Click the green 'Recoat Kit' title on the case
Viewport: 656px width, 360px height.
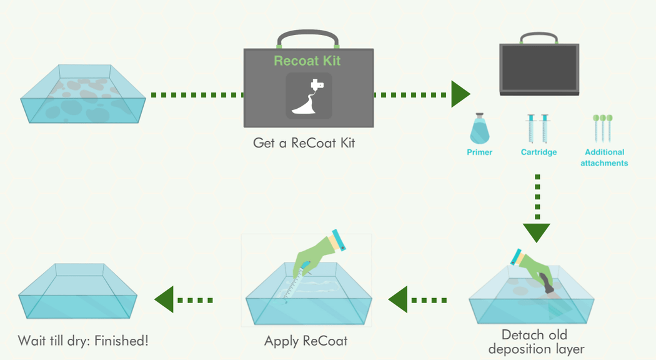(x=307, y=61)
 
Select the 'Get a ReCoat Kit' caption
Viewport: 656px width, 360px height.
(x=304, y=142)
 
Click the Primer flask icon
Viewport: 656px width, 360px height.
(x=479, y=129)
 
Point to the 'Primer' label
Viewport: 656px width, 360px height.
(x=479, y=152)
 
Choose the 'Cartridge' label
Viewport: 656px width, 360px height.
(x=539, y=152)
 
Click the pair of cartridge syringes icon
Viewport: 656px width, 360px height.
(x=538, y=128)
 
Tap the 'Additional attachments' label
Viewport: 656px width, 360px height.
(x=604, y=157)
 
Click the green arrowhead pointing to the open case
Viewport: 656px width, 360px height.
(x=460, y=94)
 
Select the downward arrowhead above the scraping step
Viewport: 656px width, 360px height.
(x=537, y=232)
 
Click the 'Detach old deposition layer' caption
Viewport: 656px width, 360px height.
(x=536, y=342)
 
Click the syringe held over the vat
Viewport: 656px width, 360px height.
(x=296, y=283)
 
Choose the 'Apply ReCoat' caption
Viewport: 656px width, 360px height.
(x=306, y=341)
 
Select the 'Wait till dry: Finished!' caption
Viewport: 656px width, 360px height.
(x=83, y=341)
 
